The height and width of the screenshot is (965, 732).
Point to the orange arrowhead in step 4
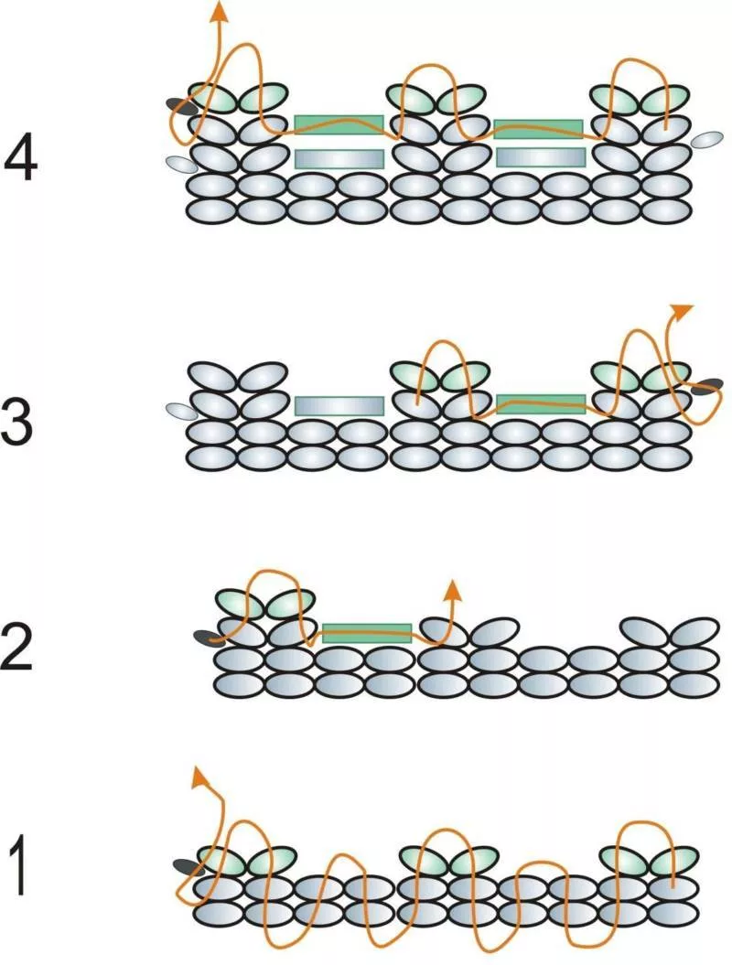point(219,12)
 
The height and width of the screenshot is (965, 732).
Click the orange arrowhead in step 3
point(681,310)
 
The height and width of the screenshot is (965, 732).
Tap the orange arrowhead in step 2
point(450,589)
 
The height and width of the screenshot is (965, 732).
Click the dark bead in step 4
point(180,106)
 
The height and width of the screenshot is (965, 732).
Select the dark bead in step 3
point(705,387)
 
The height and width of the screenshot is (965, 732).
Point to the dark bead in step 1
point(187,864)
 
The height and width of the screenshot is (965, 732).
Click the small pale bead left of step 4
point(179,163)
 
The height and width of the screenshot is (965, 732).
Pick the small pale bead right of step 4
point(707,139)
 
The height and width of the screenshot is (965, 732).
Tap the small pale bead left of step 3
point(181,410)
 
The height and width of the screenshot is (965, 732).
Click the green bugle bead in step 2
point(366,630)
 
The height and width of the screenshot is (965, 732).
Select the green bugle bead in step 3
point(540,402)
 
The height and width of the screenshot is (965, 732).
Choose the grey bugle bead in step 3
point(339,405)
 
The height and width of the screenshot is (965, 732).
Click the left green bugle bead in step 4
point(339,123)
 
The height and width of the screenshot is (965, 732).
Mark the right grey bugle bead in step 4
point(540,157)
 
